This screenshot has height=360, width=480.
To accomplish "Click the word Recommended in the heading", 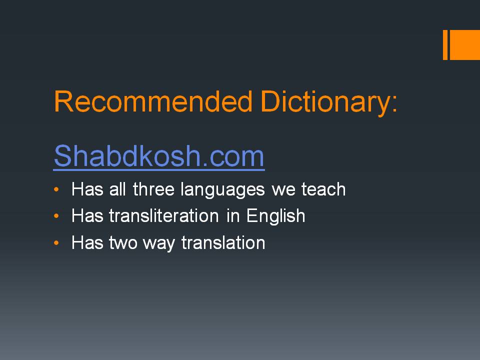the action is tap(153, 101).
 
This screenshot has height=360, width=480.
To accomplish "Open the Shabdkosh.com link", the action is tap(159, 156).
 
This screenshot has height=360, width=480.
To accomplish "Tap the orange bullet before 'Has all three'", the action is tap(56, 189).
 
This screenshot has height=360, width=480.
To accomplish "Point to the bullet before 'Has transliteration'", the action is tap(56, 216).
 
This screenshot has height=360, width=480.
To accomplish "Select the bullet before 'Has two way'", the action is tap(56, 243).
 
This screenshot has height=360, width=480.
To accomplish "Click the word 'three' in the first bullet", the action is tap(153, 189).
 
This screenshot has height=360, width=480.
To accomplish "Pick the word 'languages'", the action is tap(222, 190).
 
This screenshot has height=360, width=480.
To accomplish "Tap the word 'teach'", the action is tap(323, 189).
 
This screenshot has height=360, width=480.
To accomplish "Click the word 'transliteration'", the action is tap(164, 216).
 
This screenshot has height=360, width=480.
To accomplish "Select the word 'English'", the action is tap(276, 217).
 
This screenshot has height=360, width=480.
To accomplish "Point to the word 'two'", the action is tap(123, 243).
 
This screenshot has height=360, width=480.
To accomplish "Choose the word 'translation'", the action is tap(223, 243).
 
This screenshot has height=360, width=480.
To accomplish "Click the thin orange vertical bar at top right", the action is tap(445, 44).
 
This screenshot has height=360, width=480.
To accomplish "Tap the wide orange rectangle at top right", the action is tap(464, 44).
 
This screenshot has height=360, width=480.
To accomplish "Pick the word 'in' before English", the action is tap(233, 216).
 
